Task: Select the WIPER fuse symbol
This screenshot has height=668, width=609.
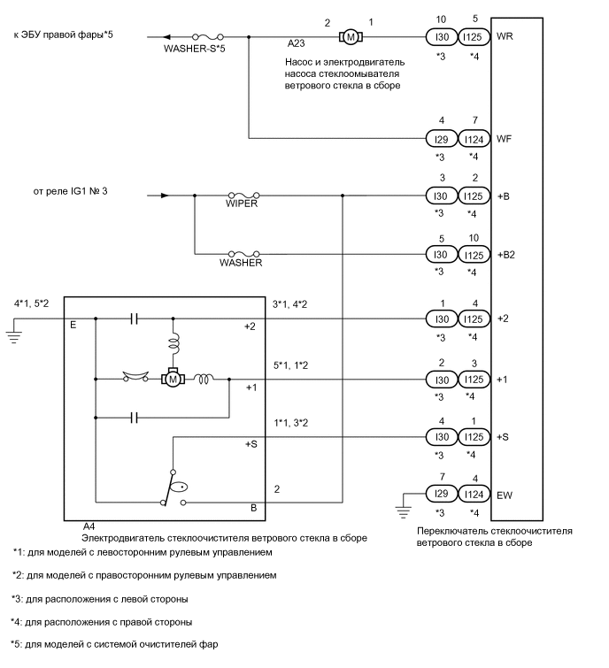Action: coord(243,196)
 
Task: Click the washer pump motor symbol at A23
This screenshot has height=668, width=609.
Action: coord(350,37)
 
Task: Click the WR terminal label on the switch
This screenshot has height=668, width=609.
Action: coord(505,37)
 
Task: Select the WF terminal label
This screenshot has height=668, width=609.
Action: coord(505,139)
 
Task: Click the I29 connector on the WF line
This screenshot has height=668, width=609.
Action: coord(440,139)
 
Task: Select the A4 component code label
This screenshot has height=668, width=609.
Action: coord(89,526)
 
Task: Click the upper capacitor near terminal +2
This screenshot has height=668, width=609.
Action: coord(133,319)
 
